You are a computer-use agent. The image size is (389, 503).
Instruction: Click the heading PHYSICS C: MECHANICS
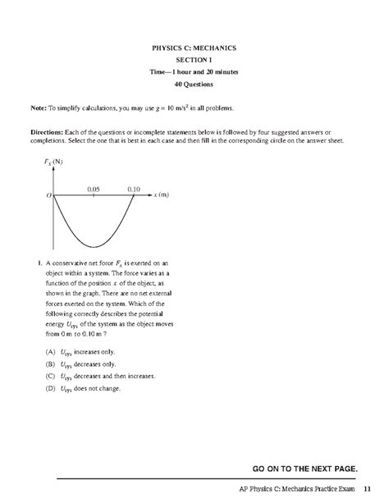pos(194,48)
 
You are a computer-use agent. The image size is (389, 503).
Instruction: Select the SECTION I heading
pos(194,60)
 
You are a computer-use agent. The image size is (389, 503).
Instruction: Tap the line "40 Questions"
pos(194,85)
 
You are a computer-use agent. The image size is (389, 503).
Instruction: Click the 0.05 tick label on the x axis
pos(94,188)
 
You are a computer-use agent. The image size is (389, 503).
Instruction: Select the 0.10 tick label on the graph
pos(135,188)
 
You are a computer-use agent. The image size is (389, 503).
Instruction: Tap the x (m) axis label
pos(160,195)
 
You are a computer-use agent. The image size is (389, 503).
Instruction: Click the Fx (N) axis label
pos(56,162)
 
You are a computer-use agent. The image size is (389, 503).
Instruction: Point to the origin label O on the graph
pos(48,196)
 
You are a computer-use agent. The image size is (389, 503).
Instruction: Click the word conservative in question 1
pos(70,263)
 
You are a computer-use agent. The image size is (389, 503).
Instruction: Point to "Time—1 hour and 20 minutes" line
pos(194,72)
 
